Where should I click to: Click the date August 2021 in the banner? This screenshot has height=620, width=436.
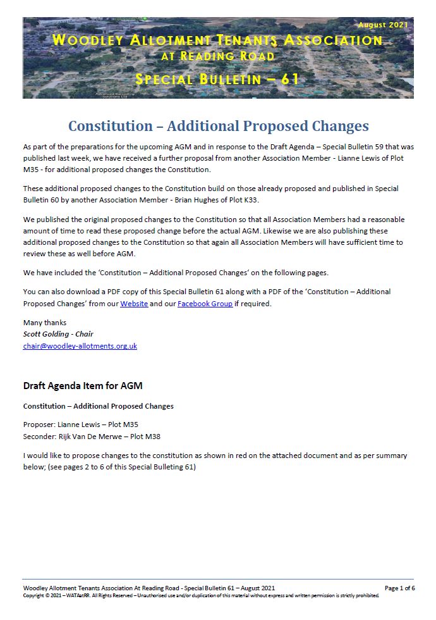pyautogui.click(x=383, y=25)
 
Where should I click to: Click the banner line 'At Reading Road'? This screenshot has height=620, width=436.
pyautogui.click(x=218, y=56)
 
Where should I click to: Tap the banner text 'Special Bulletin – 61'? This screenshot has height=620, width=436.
pyautogui.click(x=218, y=80)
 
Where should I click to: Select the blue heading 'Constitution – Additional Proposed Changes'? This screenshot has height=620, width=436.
pyautogui.click(x=218, y=125)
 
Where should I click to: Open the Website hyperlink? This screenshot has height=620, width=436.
pyautogui.click(x=134, y=304)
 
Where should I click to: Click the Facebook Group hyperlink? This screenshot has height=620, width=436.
pyautogui.click(x=205, y=304)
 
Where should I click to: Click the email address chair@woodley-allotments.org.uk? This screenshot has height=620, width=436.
pyautogui.click(x=80, y=346)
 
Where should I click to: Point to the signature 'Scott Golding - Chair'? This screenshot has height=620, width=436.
pyautogui.click(x=58, y=334)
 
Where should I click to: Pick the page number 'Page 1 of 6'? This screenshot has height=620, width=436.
pyautogui.click(x=399, y=588)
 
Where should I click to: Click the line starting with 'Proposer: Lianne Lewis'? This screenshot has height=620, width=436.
pyautogui.click(x=80, y=425)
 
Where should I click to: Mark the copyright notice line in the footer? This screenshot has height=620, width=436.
pyautogui.click(x=201, y=595)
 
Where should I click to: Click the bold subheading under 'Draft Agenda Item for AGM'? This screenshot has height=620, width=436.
pyautogui.click(x=98, y=406)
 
